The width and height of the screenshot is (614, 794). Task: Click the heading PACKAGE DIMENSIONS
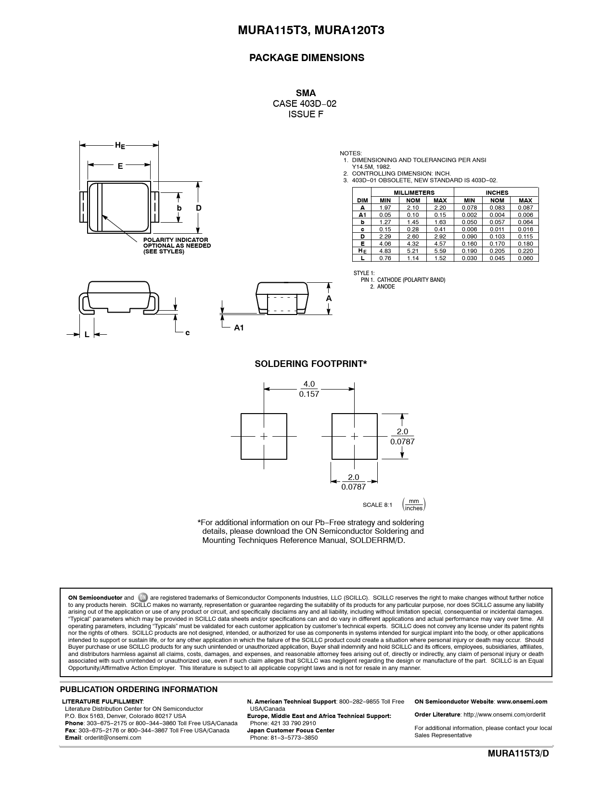coord(307,58)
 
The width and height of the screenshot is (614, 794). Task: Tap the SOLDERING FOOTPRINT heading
coord(310,364)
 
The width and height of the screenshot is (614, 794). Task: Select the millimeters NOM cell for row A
coord(413,208)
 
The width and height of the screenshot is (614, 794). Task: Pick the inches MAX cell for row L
coord(525,258)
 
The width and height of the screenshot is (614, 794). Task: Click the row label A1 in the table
coord(362,215)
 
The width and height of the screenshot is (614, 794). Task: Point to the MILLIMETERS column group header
coord(413,192)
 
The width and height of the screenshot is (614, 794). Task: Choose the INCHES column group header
coord(497,192)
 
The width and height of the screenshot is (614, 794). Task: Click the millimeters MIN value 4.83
coord(385,251)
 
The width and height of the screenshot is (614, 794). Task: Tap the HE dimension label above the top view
coord(119,145)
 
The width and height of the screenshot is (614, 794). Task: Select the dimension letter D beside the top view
coord(198,208)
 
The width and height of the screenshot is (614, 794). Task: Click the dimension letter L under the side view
coord(87,334)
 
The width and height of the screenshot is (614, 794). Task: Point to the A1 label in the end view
coord(239,328)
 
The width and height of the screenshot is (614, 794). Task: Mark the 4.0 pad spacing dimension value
coord(309,384)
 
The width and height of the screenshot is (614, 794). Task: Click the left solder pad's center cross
coord(264,436)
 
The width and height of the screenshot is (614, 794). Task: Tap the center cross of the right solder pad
coord(355,436)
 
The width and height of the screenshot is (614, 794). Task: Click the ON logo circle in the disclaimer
coord(142,598)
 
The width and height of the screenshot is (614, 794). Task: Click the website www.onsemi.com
coord(522,702)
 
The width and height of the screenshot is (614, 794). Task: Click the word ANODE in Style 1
coord(386,287)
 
